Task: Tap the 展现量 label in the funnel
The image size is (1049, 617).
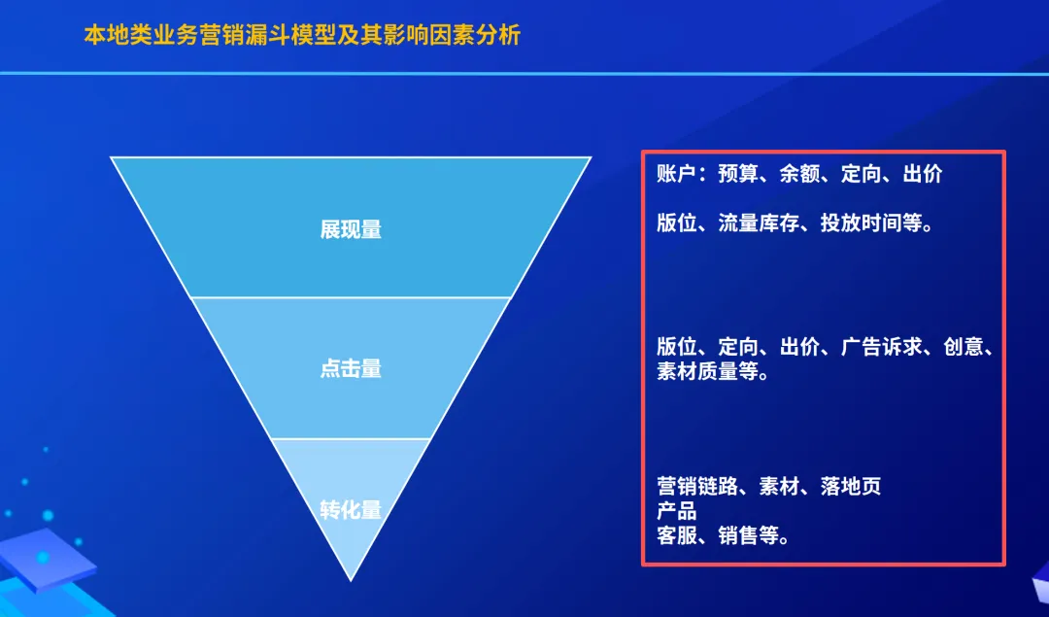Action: [x=351, y=230]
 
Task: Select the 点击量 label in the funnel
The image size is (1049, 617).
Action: [x=351, y=369]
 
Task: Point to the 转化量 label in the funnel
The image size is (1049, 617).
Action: [x=351, y=509]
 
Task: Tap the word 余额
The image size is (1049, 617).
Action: [x=799, y=174]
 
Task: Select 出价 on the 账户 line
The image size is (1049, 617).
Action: [x=923, y=174]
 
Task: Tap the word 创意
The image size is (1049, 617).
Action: [x=964, y=347]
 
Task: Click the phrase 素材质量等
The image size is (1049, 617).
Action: [x=707, y=371]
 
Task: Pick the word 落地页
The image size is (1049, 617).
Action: [x=851, y=487]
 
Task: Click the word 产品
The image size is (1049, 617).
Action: [x=676, y=511]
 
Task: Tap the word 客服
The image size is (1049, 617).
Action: [x=676, y=535]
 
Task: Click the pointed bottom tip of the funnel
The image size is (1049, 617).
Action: [x=351, y=577]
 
